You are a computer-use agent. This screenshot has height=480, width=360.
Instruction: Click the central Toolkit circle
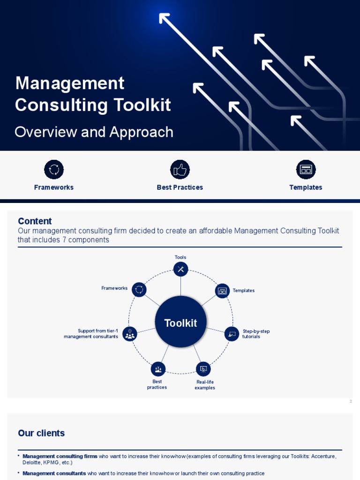coord(180,322)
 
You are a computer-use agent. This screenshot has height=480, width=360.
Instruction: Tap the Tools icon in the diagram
coord(180,269)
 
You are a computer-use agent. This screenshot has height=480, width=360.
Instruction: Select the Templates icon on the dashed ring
coord(222,291)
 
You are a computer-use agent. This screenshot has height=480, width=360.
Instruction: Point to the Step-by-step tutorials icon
coord(232,334)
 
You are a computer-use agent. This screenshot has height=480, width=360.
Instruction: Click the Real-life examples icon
coord(203,369)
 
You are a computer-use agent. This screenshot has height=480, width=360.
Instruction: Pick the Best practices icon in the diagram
coord(158,369)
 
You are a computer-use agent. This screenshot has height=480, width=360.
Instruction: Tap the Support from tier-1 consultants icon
coord(130,334)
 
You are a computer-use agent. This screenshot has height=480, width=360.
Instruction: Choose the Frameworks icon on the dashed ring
coord(139,290)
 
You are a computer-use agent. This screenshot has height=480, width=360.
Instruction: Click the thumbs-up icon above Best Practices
coord(180,170)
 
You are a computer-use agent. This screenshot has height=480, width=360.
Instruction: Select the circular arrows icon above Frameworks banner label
coord(54,170)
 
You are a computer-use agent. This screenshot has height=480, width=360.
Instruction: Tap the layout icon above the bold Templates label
coord(306,170)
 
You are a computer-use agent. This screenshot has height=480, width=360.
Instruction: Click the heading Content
coord(35,221)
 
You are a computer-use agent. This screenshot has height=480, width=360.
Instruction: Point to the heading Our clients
coord(41,433)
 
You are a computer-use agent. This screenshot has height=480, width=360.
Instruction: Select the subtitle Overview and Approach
coord(94,132)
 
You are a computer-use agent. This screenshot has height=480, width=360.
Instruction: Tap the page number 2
coord(351,401)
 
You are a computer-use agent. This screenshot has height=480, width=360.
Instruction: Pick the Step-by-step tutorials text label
coord(255,334)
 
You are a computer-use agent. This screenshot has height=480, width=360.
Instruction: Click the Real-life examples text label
coord(205,385)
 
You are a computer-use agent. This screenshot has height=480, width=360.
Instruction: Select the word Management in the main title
coord(70,83)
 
